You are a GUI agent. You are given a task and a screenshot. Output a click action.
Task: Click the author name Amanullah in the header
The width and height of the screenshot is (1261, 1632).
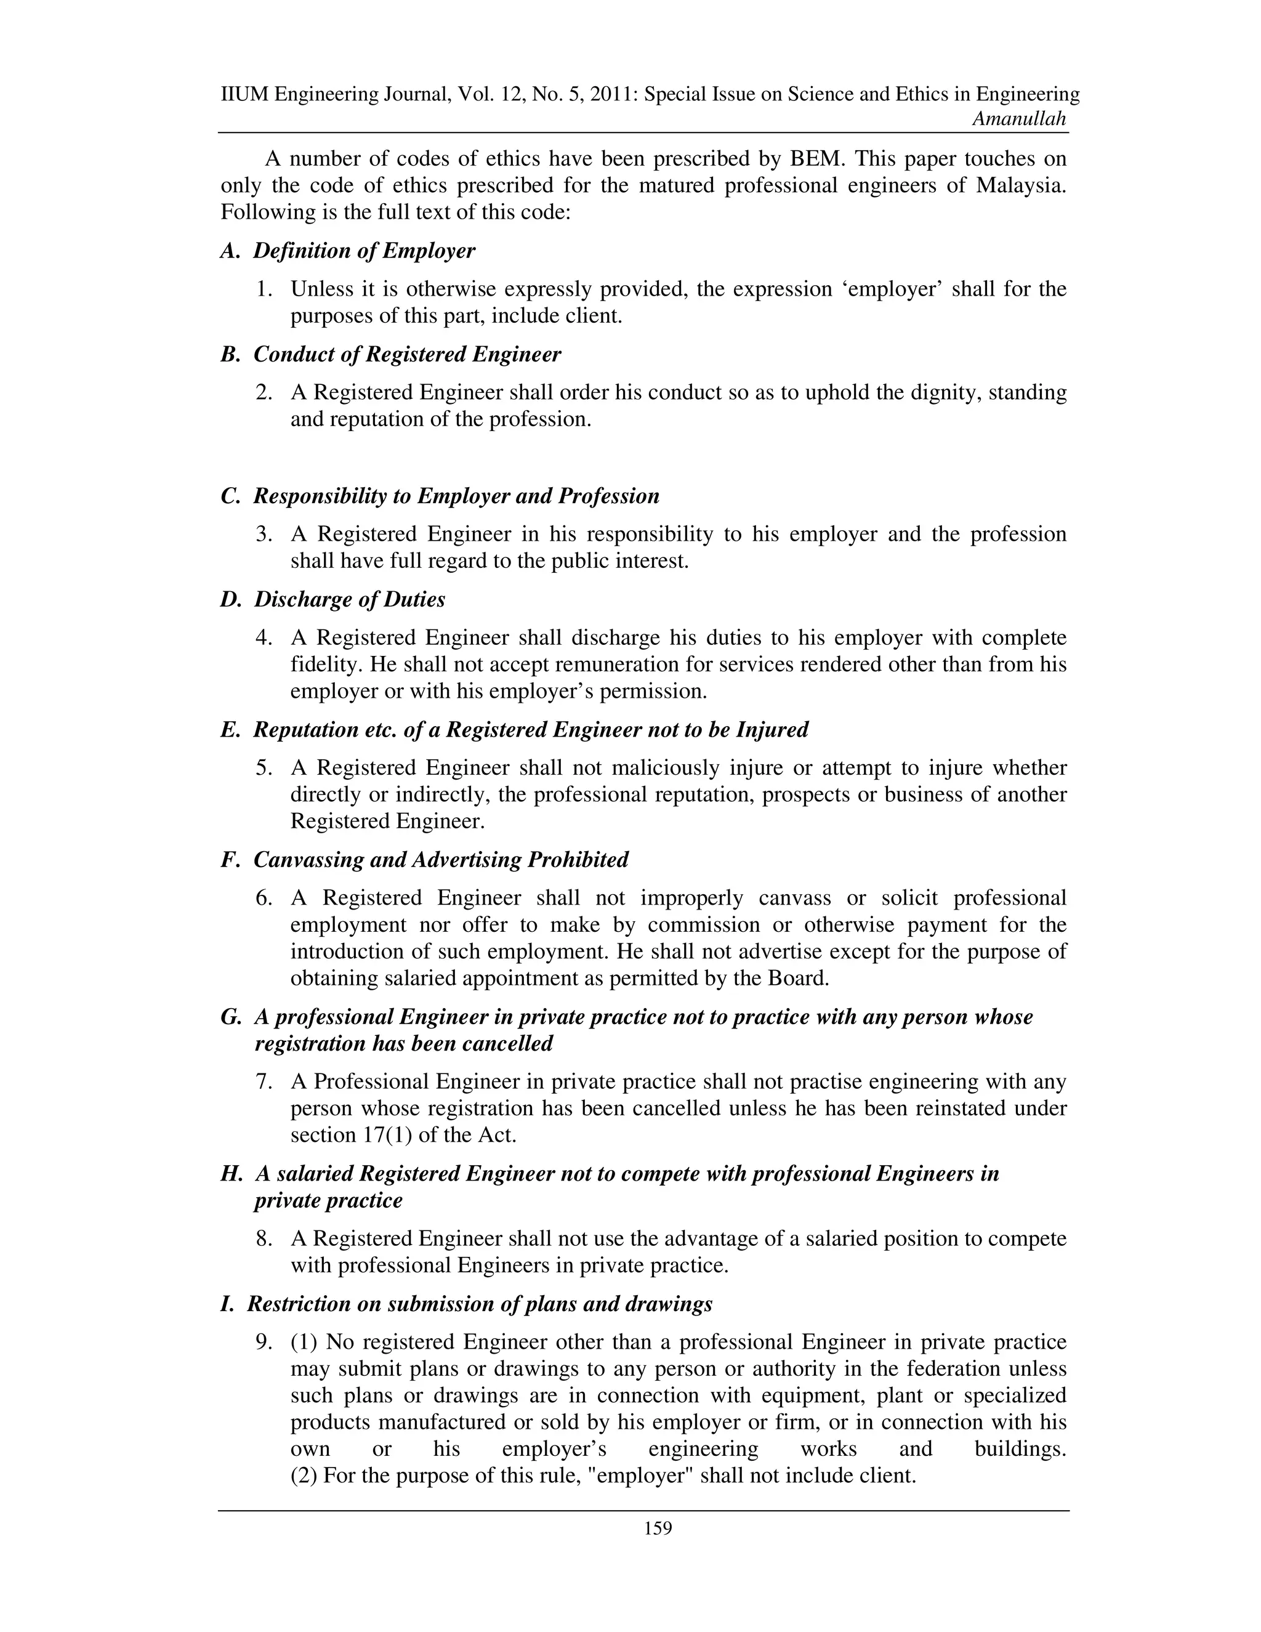[x=1019, y=119]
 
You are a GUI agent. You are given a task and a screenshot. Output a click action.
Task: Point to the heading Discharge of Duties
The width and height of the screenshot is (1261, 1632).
[x=349, y=599]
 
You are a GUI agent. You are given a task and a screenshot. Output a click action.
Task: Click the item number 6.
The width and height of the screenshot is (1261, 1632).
[x=264, y=897]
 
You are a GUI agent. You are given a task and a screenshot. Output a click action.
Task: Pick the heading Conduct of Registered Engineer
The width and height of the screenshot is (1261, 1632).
[x=407, y=354]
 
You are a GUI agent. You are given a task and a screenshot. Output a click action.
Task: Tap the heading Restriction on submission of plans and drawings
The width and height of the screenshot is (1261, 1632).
[x=479, y=1304]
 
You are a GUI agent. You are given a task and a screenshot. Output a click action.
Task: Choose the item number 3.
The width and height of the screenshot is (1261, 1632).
[x=264, y=535]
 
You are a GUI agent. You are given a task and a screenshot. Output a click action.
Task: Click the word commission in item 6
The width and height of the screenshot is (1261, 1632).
[x=704, y=924]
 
